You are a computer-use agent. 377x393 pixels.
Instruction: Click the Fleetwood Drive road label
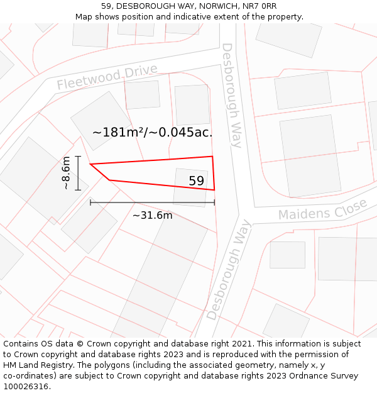(x=107, y=77)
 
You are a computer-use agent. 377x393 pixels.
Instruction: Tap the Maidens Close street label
(x=322, y=210)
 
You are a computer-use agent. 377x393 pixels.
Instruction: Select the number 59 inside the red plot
(x=197, y=181)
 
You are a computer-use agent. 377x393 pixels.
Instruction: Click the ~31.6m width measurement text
(x=152, y=216)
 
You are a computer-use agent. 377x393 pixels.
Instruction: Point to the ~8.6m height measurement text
(x=65, y=173)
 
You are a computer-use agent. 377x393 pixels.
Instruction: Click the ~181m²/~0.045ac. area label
(x=152, y=132)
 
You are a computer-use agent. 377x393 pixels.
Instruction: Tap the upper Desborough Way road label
(x=231, y=95)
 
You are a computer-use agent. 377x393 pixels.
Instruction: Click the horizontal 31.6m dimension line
(x=152, y=202)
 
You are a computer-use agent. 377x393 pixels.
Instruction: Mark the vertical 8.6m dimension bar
(x=78, y=173)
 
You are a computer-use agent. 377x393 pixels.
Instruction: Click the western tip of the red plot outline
(x=90, y=165)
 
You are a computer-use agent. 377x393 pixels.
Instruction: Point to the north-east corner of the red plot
(x=212, y=157)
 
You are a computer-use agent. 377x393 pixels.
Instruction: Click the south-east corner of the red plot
(x=214, y=189)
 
